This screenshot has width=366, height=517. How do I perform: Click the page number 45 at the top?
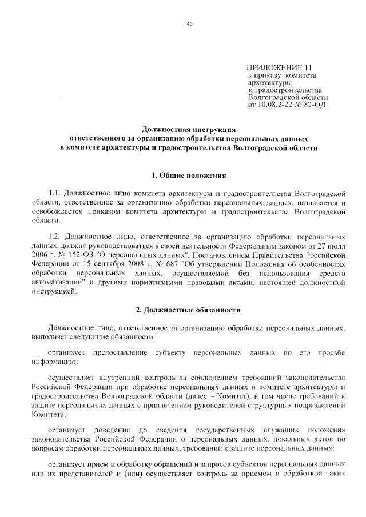coord(189,23)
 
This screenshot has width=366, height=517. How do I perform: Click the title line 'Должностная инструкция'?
coord(189,130)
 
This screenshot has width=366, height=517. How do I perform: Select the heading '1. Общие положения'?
coord(189,174)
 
